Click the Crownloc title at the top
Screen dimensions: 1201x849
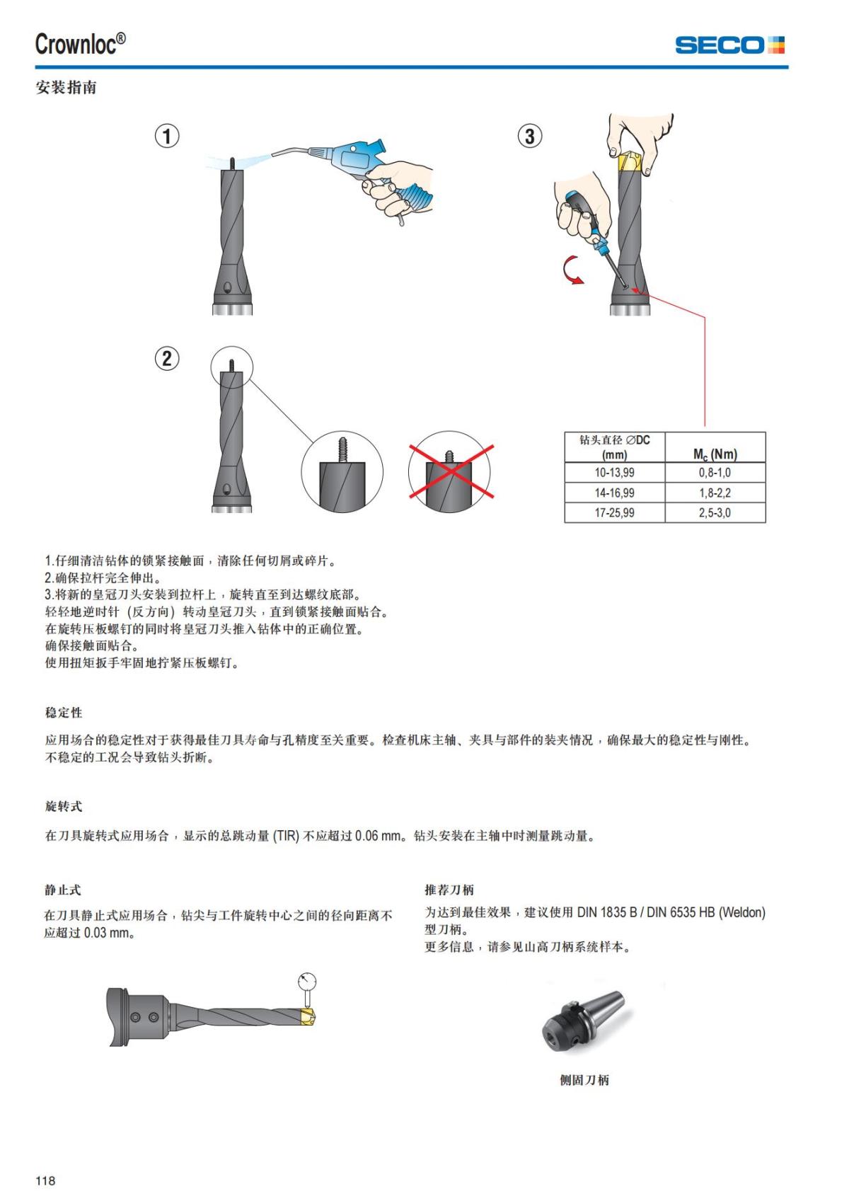[80, 44]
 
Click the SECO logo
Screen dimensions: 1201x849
[729, 45]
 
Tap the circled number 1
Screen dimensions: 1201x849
[167, 135]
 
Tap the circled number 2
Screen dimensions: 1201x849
[167, 358]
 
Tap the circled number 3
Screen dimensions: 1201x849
[530, 135]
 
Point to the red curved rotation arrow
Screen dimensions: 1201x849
[572, 272]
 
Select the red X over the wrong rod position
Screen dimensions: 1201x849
[451, 471]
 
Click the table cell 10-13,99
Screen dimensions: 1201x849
[614, 473]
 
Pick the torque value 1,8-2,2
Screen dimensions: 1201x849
[715, 493]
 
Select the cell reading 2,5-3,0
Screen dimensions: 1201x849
[715, 512]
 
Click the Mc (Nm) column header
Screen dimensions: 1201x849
[715, 454]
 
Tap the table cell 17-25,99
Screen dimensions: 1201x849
[614, 512]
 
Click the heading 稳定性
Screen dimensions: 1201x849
[64, 713]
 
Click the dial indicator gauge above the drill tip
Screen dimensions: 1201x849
[307, 983]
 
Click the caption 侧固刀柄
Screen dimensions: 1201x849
[584, 1080]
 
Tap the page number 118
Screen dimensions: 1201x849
[45, 1180]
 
